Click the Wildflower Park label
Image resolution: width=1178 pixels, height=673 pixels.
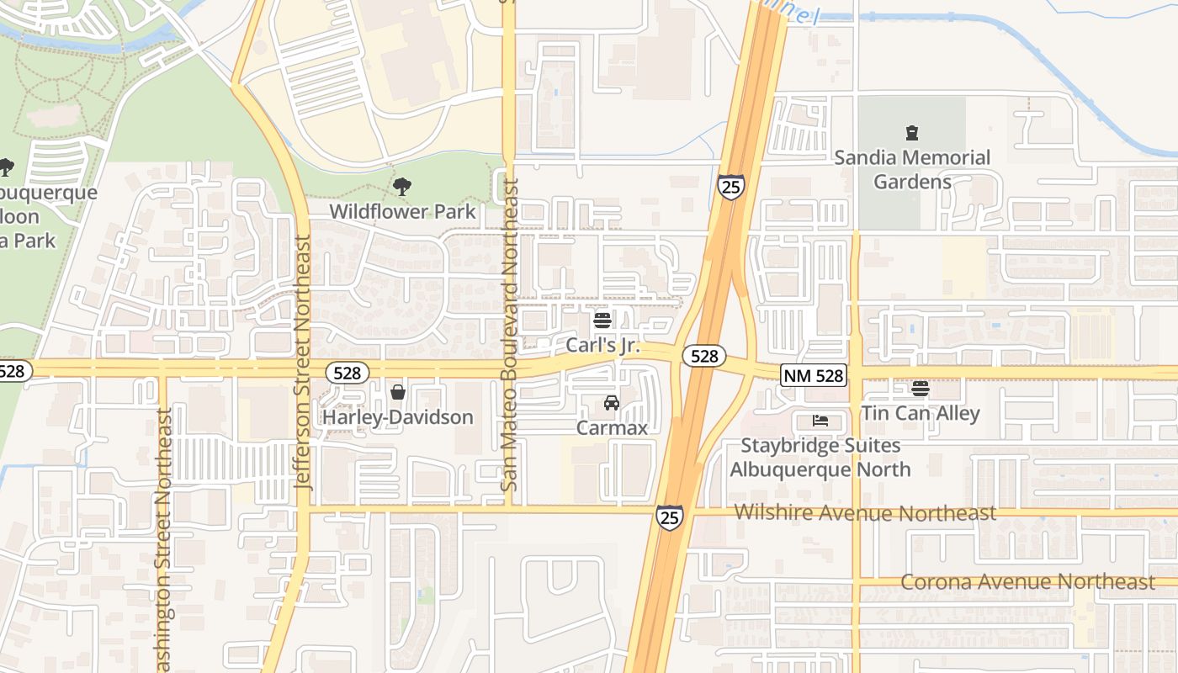(402, 211)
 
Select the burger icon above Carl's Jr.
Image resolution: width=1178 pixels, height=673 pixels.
(602, 320)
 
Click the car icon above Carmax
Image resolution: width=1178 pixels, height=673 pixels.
(612, 403)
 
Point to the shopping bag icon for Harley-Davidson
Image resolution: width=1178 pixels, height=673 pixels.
(398, 392)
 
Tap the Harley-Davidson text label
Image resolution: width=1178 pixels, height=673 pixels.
(399, 417)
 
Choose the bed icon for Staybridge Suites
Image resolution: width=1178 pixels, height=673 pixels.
(820, 421)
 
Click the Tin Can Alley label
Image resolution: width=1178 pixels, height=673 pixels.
(921, 413)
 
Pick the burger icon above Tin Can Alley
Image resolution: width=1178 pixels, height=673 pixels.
(921, 389)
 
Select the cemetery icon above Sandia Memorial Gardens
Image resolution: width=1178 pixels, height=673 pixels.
(911, 133)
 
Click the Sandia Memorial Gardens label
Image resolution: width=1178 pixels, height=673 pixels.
(911, 169)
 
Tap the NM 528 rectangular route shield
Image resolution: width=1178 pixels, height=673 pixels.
(813, 375)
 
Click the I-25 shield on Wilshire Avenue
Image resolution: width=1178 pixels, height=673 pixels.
(670, 517)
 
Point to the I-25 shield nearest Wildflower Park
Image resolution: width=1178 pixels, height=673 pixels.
(731, 187)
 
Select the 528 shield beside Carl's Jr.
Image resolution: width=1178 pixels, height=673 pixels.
(703, 356)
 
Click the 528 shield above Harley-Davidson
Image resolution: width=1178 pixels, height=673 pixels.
(348, 373)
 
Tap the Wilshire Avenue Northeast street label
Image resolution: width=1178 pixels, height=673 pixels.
(865, 512)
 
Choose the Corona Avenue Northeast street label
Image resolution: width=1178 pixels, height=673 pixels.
(1027, 581)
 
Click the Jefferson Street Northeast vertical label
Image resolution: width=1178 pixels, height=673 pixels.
(303, 362)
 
